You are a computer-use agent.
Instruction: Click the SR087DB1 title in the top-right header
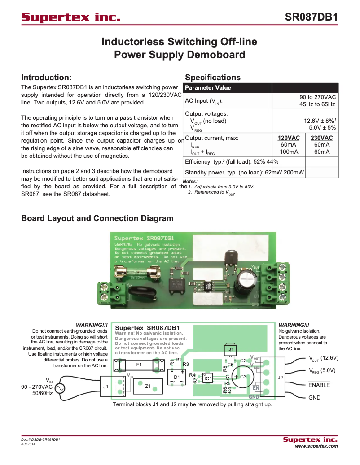[311, 17]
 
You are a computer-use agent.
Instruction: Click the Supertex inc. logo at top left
[71, 17]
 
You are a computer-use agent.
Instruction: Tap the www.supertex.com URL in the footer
[316, 446]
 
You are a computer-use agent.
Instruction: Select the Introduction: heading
[46, 78]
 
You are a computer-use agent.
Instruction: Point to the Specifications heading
[213, 78]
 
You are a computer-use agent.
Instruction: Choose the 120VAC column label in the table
[289, 138]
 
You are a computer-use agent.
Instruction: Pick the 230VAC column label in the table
[321, 138]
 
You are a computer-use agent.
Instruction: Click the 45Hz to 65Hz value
[317, 104]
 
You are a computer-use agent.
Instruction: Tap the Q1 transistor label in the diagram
[230, 349]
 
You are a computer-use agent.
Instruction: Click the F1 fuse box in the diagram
[139, 365]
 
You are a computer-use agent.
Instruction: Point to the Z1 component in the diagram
[147, 386]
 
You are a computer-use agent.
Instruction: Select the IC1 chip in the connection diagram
[208, 379]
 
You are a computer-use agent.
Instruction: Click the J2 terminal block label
[281, 378]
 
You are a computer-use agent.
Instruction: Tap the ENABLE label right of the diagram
[319, 385]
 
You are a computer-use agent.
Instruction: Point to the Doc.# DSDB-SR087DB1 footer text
[40, 439]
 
